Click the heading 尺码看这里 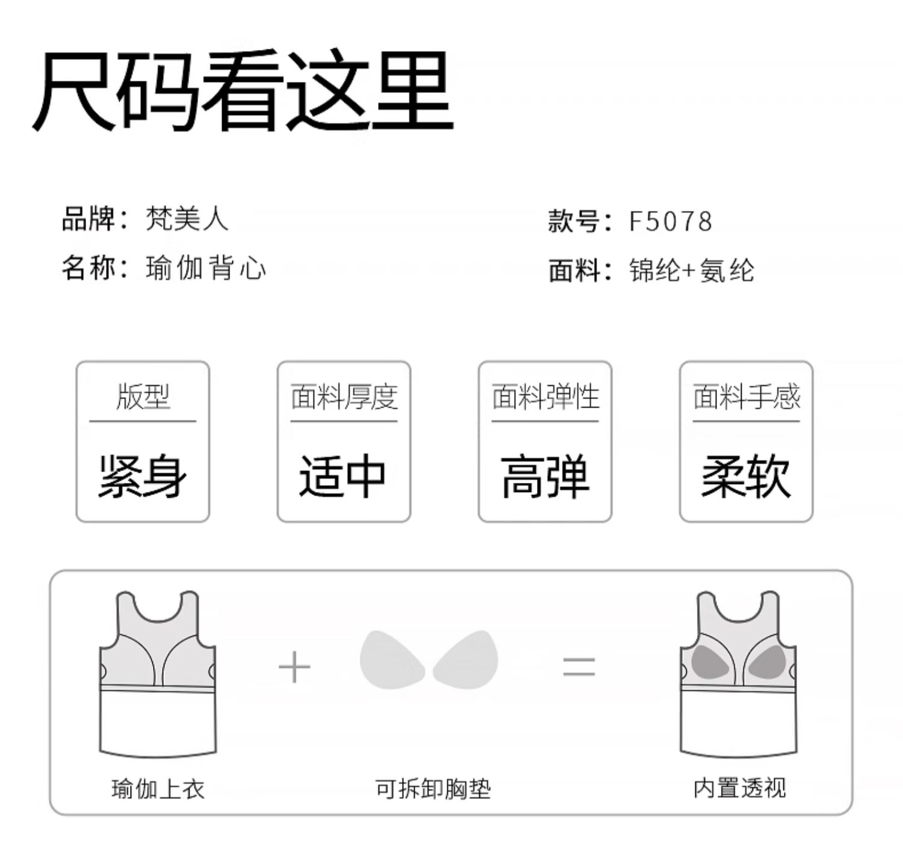[242, 92]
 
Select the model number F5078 [670, 222]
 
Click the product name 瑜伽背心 [205, 268]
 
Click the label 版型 [143, 397]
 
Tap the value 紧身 [143, 477]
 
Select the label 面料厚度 [344, 397]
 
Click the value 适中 [343, 477]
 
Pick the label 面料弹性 [545, 397]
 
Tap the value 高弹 [545, 477]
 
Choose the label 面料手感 [746, 397]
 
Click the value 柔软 [746, 477]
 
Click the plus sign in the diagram [294, 668]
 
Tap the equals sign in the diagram [579, 668]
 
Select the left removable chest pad [391, 658]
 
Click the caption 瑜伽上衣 [158, 788]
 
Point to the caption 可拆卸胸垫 [433, 788]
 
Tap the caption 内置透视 [739, 788]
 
